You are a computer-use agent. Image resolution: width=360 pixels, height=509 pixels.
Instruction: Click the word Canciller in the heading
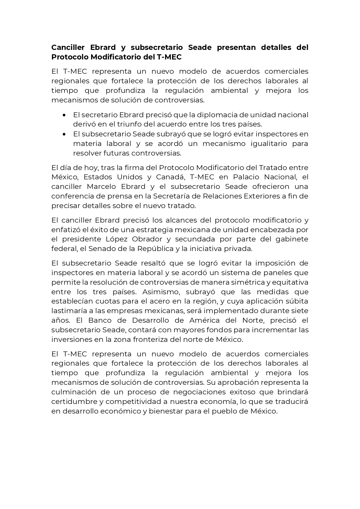point(68,47)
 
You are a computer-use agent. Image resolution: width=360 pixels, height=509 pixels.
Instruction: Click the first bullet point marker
point(64,115)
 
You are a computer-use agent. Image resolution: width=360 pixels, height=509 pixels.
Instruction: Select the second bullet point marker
point(64,134)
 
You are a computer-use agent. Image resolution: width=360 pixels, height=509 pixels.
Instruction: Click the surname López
point(116,239)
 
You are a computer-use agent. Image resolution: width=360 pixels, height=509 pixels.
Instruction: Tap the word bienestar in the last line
point(166,411)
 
